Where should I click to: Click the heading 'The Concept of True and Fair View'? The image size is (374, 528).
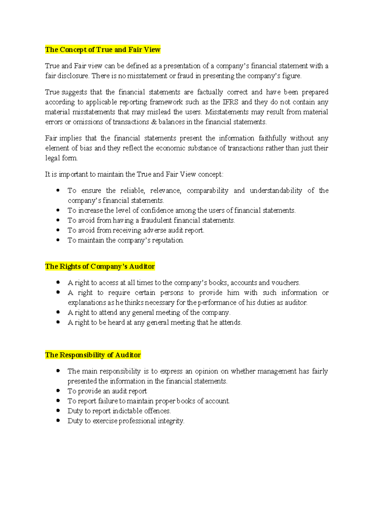(x=103, y=50)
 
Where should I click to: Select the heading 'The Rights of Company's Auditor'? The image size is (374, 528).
(x=100, y=266)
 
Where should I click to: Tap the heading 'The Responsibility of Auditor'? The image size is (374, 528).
(x=93, y=355)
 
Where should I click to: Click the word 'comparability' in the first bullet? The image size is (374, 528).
(x=207, y=191)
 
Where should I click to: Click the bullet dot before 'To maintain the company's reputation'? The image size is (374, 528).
(x=58, y=240)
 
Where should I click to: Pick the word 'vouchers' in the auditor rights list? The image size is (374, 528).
(x=285, y=283)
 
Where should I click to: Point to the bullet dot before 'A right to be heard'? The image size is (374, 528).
(x=58, y=322)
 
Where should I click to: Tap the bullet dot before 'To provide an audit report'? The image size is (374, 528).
(x=58, y=391)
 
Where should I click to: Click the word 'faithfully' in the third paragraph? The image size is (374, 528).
(x=272, y=138)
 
